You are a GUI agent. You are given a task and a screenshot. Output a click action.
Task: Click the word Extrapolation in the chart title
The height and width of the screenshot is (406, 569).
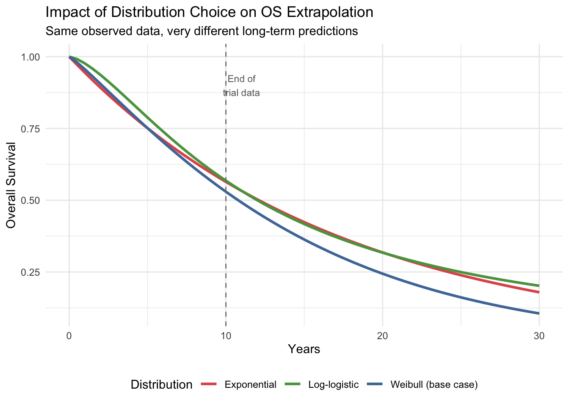tap(330, 12)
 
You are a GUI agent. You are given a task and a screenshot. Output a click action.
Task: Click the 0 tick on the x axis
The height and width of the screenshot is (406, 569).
tap(69, 336)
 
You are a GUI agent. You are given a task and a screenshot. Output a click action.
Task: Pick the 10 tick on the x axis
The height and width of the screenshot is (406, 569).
tap(226, 336)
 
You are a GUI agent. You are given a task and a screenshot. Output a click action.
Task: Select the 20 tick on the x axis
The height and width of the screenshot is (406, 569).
tap(382, 336)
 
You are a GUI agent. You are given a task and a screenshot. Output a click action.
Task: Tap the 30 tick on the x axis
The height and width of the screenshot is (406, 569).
tap(539, 336)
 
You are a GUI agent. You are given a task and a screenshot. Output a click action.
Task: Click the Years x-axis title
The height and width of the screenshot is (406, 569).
tap(304, 349)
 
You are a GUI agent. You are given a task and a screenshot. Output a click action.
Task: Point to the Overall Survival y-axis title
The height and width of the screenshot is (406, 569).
tap(11, 185)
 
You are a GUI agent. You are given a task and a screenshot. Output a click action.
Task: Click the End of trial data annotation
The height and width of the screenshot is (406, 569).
tap(241, 86)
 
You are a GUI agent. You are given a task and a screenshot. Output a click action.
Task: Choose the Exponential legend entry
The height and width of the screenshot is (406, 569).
tap(250, 385)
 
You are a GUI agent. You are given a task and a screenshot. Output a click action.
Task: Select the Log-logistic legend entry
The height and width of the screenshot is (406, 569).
tap(334, 385)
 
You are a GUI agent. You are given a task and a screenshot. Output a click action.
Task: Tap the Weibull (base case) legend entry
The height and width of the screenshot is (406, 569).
tap(434, 385)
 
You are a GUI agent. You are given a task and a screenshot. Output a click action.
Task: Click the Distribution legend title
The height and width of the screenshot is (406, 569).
tap(161, 385)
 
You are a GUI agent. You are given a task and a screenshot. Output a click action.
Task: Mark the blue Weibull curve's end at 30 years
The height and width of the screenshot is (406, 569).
tap(539, 313)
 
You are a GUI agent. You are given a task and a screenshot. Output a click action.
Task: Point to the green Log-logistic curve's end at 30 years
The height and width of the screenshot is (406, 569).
tap(539, 285)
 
